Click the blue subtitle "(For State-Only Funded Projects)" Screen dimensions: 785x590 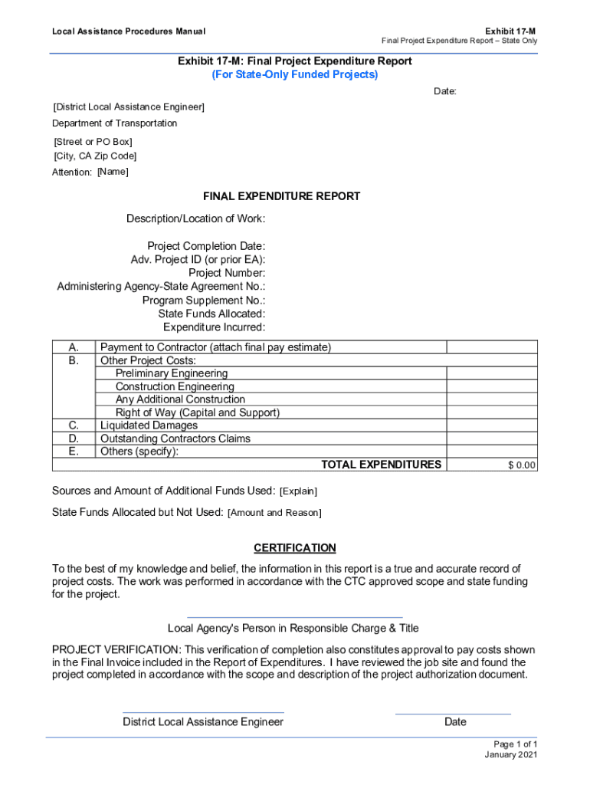tap(295, 75)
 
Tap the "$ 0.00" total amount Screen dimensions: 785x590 tap(522, 465)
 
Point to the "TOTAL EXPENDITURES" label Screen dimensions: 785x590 tap(381, 465)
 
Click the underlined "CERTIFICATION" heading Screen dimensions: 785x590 tap(295, 548)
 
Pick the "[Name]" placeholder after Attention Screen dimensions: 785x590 tap(113, 172)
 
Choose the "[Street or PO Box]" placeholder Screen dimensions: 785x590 tap(93, 142)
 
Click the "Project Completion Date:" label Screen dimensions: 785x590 tap(206, 246)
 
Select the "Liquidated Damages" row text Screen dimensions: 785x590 tap(149, 425)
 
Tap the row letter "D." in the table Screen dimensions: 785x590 tap(74, 438)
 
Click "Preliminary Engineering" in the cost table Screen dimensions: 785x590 tap(172, 373)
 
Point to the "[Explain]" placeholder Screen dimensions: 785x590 tap(298, 491)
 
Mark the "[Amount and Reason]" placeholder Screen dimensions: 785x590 tap(274, 512)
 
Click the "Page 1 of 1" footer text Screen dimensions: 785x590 tap(516, 744)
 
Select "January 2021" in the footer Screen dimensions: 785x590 tap(511, 755)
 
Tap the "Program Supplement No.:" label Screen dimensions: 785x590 tap(204, 301)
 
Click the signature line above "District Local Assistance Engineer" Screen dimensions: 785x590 tap(203, 713)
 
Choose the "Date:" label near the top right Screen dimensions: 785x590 tap(445, 92)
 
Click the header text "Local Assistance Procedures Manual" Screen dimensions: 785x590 tap(129, 31)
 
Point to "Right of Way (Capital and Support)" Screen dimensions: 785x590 tap(198, 412)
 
